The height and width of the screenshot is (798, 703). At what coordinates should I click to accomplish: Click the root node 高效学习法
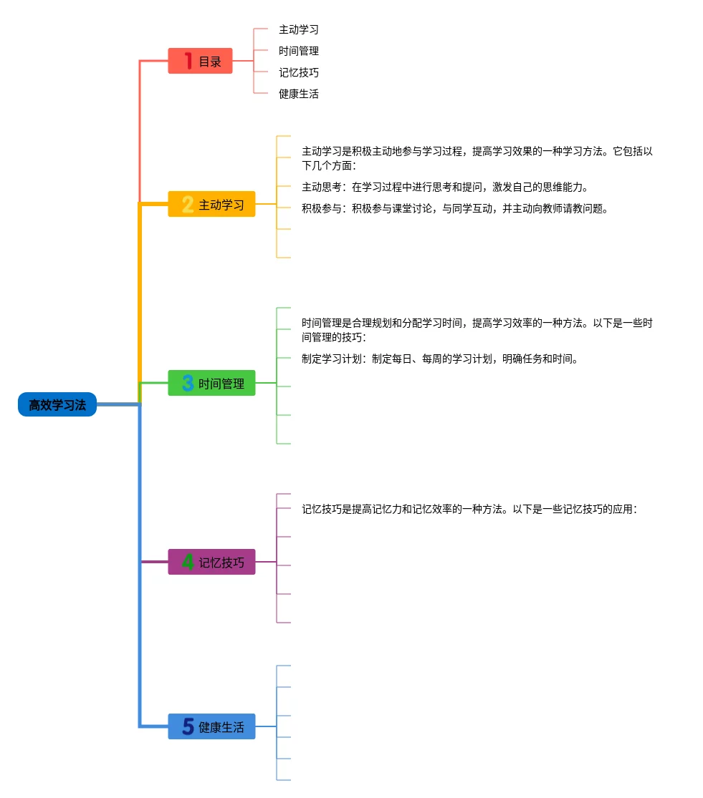[57, 405]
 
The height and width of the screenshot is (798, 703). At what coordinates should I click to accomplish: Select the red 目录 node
[201, 62]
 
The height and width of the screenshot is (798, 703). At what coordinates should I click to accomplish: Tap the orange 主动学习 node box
[212, 205]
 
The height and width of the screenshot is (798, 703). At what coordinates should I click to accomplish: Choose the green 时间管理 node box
[212, 384]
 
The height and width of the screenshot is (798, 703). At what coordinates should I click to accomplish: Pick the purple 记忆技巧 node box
[212, 563]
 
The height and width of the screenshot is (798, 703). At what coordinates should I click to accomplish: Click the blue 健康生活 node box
[212, 727]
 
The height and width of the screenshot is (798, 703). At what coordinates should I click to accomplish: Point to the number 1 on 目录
[188, 62]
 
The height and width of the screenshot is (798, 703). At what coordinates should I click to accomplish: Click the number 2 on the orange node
[188, 205]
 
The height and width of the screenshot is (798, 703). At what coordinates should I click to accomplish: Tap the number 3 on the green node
[188, 384]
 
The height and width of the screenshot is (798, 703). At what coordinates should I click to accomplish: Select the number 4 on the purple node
[188, 563]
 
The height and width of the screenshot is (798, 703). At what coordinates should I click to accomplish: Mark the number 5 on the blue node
[188, 727]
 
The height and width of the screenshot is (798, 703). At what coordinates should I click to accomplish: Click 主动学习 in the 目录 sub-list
[299, 30]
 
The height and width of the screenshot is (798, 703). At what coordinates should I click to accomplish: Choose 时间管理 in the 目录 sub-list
[299, 52]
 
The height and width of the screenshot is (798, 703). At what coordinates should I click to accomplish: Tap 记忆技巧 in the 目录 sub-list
[299, 73]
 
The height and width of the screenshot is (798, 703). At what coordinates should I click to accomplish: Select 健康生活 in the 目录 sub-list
[299, 94]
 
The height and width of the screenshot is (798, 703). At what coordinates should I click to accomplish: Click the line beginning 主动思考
[445, 188]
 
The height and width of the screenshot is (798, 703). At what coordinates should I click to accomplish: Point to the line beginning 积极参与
[455, 209]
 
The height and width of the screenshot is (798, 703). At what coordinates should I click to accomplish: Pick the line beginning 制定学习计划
[440, 359]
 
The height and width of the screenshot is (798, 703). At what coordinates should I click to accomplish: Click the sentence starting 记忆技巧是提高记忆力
[469, 510]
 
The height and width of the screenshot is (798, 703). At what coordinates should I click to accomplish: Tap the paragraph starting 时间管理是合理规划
[477, 330]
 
